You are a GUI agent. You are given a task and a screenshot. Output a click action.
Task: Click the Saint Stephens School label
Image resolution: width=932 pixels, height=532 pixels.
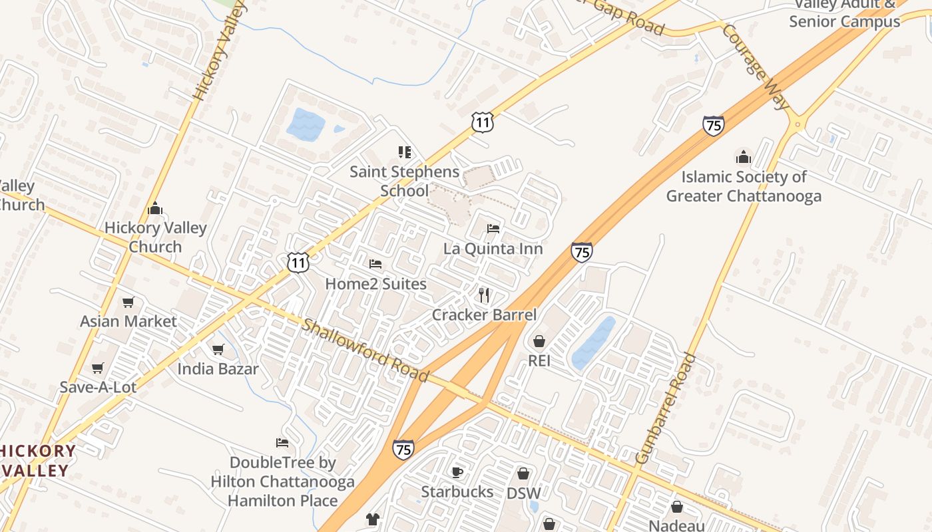pos(405,182)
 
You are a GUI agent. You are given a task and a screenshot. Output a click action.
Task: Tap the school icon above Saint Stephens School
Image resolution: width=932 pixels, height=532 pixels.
pos(405,152)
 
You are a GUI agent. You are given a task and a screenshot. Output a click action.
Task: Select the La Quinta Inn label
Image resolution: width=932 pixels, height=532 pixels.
pos(493,249)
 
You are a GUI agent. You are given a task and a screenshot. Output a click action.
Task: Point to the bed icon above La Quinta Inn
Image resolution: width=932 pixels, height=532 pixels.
pos(493,229)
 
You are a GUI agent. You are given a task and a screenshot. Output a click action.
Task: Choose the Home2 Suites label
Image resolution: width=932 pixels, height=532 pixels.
pos(375,284)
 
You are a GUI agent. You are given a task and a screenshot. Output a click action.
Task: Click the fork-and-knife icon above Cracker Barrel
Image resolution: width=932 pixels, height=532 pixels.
pos(484,295)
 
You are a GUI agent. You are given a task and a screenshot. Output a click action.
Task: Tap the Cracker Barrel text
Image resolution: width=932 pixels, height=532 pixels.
pos(484,315)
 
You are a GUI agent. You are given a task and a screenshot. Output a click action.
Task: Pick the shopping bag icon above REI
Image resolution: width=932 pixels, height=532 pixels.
pos(539,341)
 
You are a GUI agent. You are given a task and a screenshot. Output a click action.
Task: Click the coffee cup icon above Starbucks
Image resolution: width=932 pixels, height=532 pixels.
pos(457,472)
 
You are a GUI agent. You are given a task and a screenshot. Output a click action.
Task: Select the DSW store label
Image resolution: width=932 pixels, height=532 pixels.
pos(523,493)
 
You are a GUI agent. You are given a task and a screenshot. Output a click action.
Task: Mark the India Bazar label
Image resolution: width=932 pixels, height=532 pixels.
pos(218,368)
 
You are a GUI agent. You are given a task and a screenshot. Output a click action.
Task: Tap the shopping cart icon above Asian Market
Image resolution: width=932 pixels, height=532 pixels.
pos(128,303)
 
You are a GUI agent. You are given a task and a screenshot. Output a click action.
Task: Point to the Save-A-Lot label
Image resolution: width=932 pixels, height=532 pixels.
pos(98,387)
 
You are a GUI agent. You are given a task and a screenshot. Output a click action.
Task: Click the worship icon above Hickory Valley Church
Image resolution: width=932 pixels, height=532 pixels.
pos(155,209)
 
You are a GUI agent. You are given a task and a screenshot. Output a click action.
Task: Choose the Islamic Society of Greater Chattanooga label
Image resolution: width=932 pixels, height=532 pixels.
pos(744,187)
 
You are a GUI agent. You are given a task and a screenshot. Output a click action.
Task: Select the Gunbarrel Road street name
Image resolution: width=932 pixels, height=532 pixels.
pos(666,408)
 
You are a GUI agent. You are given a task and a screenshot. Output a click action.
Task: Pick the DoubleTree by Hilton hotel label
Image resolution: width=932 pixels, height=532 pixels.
pos(282,481)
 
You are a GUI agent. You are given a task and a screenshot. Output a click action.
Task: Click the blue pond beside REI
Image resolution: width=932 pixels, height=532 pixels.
pos(592,343)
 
